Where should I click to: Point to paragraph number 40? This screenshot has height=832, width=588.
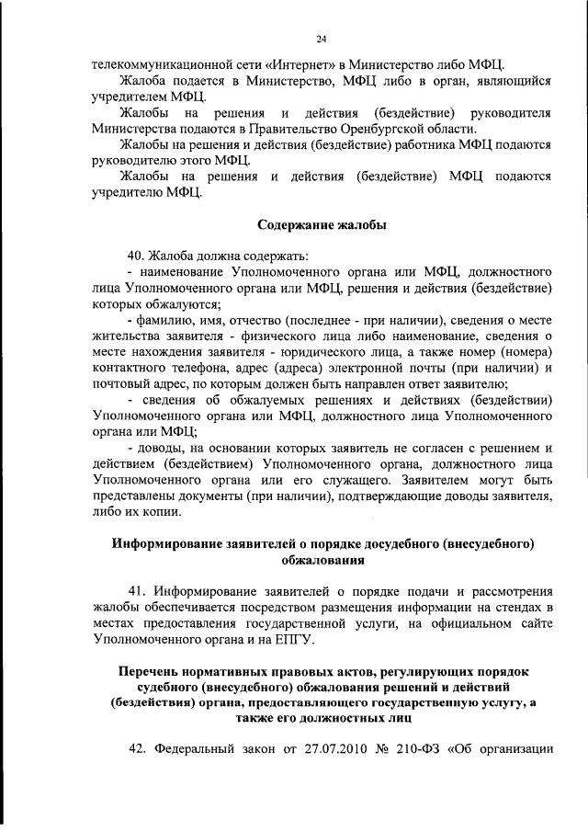(x=137, y=255)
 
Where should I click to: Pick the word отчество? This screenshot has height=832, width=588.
(x=267, y=319)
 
